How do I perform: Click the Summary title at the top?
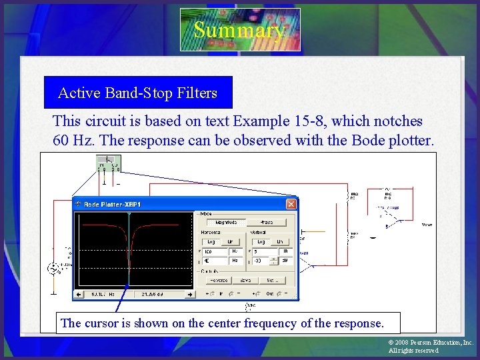(x=239, y=30)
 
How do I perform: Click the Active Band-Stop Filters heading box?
(x=137, y=93)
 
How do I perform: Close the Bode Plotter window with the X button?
(x=291, y=204)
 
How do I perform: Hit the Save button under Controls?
(x=246, y=281)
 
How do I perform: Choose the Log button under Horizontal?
(x=211, y=242)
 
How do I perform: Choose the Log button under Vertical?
(x=261, y=242)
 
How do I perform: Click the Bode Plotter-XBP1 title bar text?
(x=112, y=204)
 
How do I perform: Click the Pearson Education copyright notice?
(x=430, y=346)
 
